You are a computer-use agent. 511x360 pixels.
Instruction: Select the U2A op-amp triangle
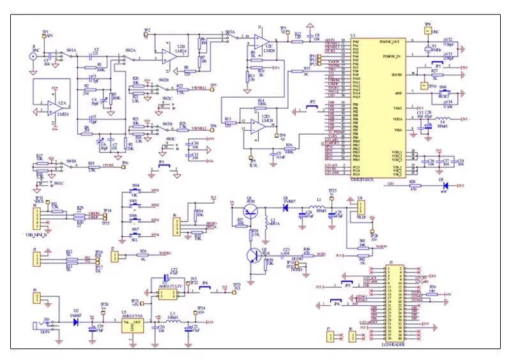point(52,109)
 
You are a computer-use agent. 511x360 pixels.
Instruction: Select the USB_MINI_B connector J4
point(38,216)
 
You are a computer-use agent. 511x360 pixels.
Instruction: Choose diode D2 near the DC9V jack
point(76,322)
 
